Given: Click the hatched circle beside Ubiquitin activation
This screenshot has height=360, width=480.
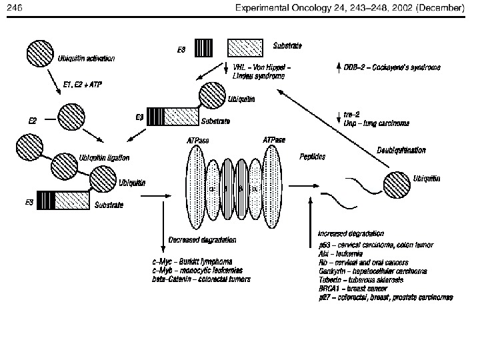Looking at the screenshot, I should (x=41, y=54).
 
